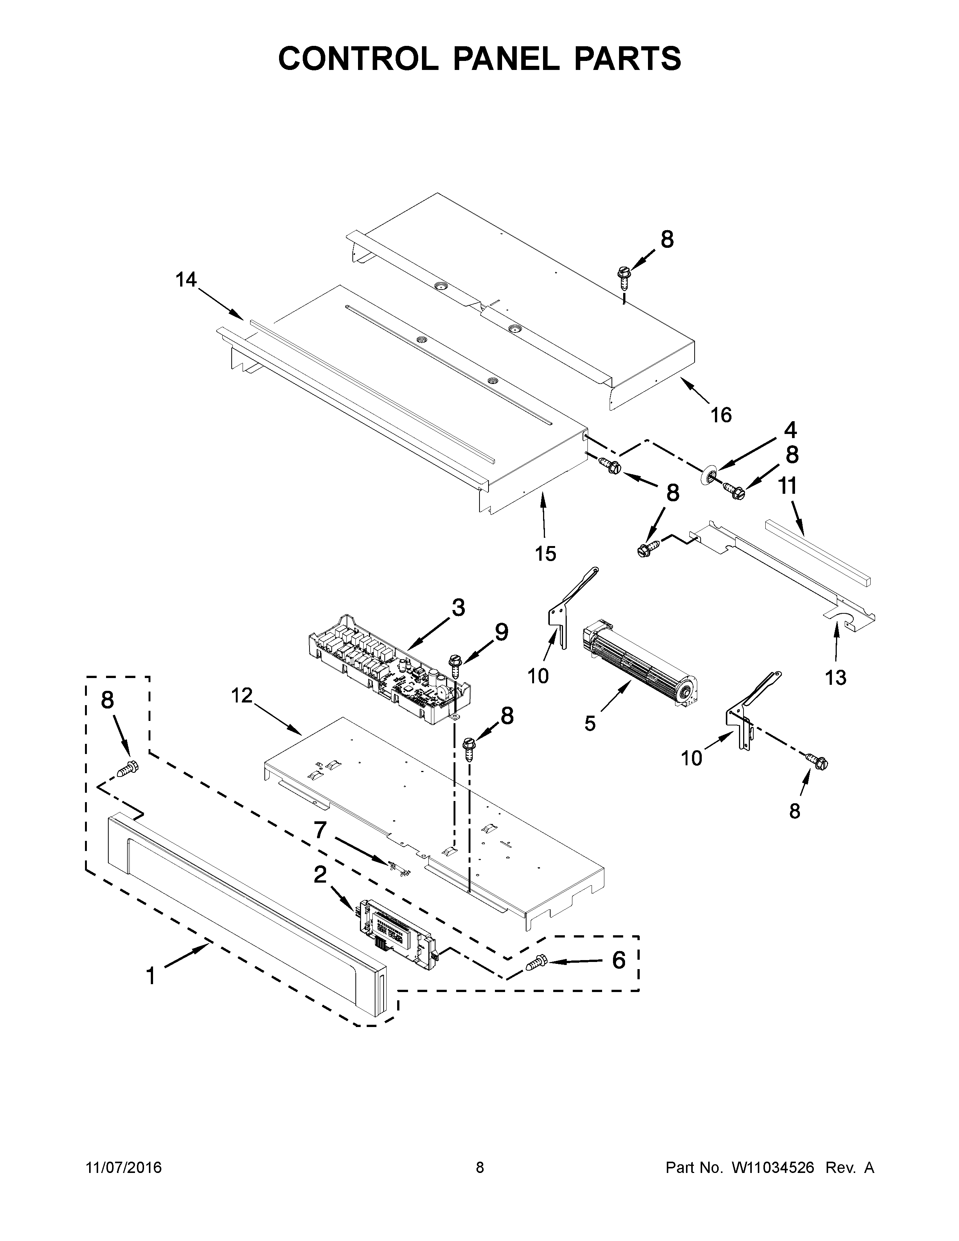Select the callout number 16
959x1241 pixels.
(721, 416)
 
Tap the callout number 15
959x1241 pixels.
(545, 553)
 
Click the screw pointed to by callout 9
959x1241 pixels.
(455, 665)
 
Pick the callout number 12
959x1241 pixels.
(242, 695)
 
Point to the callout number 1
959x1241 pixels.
(150, 976)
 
